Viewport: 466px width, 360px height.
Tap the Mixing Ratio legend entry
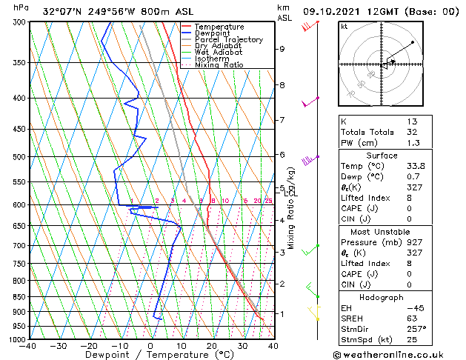pos(219,65)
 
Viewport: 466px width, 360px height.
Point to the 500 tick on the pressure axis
pos(16,157)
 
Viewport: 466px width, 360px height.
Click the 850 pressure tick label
pos(16,297)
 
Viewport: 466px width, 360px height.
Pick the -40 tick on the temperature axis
pos(28,346)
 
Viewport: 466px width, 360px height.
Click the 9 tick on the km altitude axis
pos(282,49)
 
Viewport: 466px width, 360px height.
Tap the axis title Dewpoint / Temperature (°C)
pos(151,355)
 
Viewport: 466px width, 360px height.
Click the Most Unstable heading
pos(382,231)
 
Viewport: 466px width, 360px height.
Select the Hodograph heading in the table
pos(382,296)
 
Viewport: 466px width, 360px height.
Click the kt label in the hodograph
pos(344,26)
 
